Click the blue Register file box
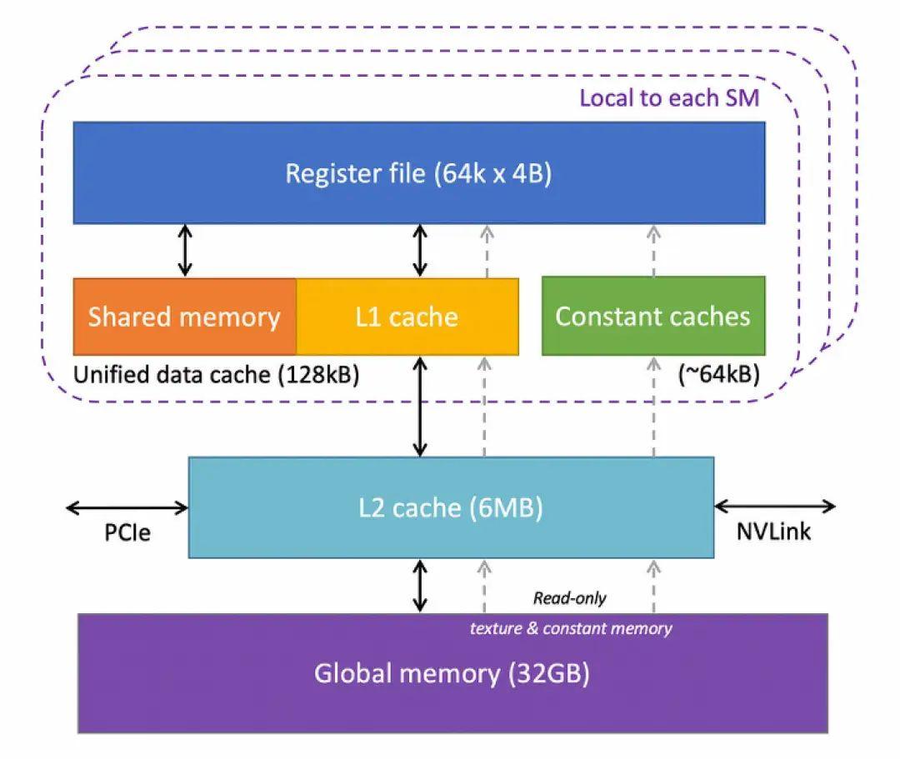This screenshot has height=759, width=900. pyautogui.click(x=419, y=172)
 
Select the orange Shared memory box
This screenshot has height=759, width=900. pyautogui.click(x=185, y=317)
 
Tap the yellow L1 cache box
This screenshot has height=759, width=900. pyautogui.click(x=407, y=317)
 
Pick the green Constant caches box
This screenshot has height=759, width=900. pyautogui.click(x=653, y=317)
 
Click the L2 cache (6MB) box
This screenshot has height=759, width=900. pyautogui.click(x=451, y=507)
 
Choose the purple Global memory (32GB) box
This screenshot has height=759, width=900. pyautogui.click(x=452, y=673)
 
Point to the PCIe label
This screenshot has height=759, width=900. pyautogui.click(x=127, y=532)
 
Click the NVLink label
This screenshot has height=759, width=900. pyautogui.click(x=773, y=532)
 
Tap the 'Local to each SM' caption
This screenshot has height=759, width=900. pyautogui.click(x=669, y=98)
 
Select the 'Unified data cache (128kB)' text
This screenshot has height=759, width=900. pyautogui.click(x=217, y=375)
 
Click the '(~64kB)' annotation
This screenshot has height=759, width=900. pyautogui.click(x=717, y=375)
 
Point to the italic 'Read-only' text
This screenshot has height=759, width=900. pyautogui.click(x=570, y=598)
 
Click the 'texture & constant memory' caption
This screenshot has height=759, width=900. pyautogui.click(x=571, y=628)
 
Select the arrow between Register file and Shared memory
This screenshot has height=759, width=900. pyautogui.click(x=185, y=250)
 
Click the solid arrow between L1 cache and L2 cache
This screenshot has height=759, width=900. pyautogui.click(x=420, y=407)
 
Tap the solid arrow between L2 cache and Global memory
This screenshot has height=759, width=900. pyautogui.click(x=420, y=586)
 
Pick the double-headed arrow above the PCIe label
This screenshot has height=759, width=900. pyautogui.click(x=127, y=506)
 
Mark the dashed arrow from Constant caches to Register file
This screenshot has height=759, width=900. pyautogui.click(x=653, y=250)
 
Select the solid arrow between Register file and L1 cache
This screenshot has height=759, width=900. pyautogui.click(x=420, y=250)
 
